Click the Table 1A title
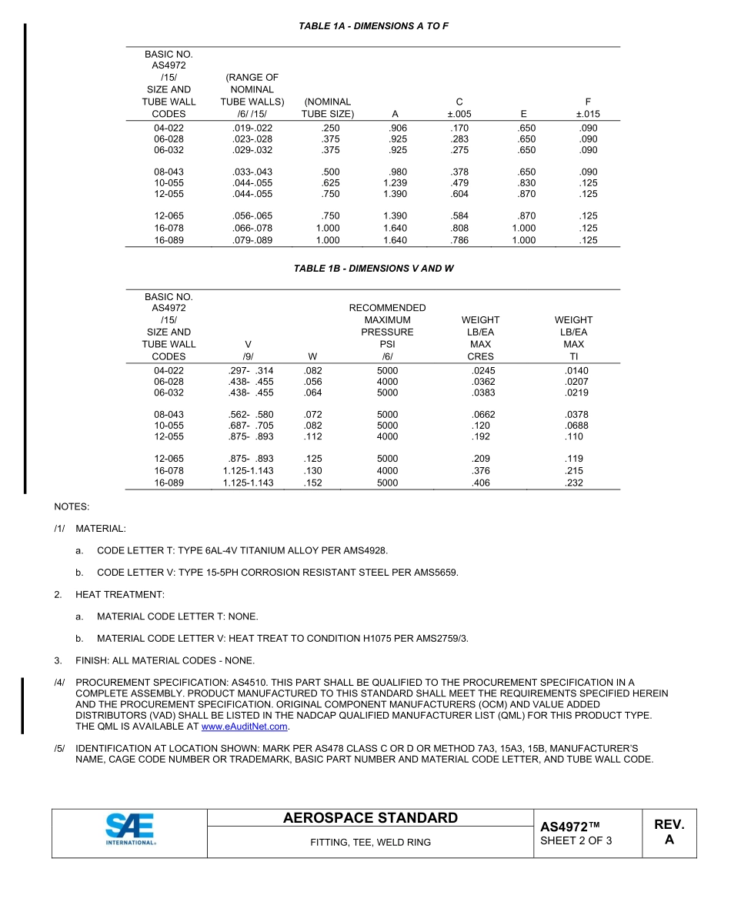(373, 26)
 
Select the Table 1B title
(373, 269)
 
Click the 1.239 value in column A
(395, 183)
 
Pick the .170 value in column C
(459, 128)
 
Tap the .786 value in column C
(459, 240)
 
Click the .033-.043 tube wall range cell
(252, 172)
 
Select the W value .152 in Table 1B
(312, 483)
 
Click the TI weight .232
(573, 483)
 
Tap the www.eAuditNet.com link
(244, 727)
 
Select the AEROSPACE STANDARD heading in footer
(370, 818)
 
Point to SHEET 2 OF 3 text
(576, 840)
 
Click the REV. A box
(669, 832)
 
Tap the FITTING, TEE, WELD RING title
(370, 843)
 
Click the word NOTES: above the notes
(72, 507)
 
